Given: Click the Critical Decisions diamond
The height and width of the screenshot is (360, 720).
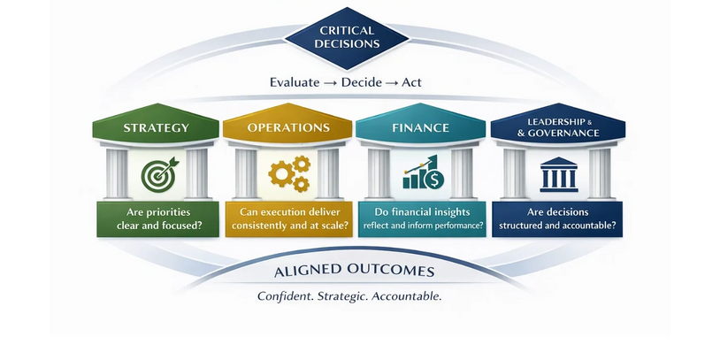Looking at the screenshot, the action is [x=347, y=38].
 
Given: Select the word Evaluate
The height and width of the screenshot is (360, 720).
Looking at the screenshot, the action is [x=295, y=82].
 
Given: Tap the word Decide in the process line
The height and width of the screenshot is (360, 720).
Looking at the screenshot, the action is [x=362, y=82].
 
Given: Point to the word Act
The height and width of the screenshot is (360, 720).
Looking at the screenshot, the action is [x=411, y=82].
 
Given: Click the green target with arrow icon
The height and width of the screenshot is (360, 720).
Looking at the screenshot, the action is [x=158, y=174].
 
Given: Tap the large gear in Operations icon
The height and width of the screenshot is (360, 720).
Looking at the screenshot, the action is [x=280, y=174].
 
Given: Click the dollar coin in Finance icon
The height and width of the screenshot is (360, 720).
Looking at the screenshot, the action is [x=434, y=179].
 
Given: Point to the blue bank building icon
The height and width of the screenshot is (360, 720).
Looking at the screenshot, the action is [x=559, y=174].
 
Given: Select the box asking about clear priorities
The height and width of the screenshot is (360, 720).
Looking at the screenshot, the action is [x=158, y=219].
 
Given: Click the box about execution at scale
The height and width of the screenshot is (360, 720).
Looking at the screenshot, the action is [x=289, y=219].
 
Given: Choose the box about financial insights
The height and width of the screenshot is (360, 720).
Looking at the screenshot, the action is [x=422, y=219].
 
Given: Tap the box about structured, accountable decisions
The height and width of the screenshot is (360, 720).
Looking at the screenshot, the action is [x=557, y=219].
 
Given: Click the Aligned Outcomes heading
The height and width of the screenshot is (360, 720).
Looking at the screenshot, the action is [x=354, y=271].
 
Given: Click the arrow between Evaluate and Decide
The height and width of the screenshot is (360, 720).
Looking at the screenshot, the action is [x=330, y=83].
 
